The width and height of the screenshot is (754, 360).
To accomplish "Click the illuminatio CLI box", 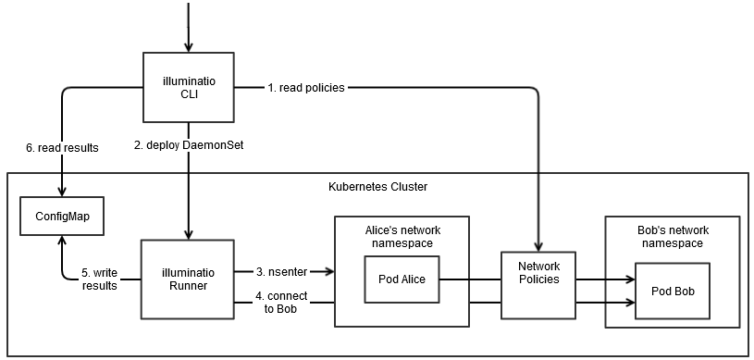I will pos(189,87).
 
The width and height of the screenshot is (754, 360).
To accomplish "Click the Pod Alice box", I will pos(401,279).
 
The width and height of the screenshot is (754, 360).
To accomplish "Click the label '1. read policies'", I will pos(306,88).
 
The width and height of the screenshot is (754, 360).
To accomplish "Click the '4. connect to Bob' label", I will pos(282,302).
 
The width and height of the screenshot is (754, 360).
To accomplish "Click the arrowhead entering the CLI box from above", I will pos(189,47).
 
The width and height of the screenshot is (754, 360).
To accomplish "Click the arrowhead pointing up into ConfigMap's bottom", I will pos(62,239).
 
